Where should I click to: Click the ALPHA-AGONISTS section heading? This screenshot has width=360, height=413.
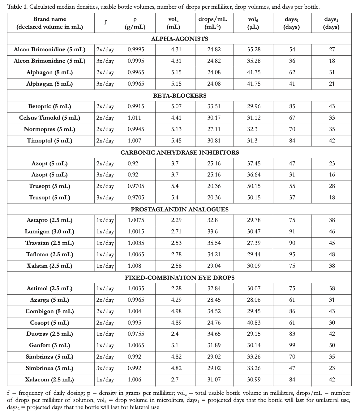click(179, 39)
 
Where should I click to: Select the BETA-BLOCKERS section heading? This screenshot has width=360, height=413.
click(179, 96)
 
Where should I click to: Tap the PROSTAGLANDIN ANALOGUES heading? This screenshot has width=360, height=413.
click(179, 209)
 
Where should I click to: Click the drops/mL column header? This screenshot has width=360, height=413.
click(214, 23)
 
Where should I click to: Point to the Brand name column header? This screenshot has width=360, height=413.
click(49, 23)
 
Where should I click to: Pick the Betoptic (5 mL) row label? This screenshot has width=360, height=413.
click(49, 106)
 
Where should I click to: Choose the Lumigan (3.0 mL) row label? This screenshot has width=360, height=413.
click(49, 232)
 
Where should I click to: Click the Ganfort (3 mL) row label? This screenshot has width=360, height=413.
click(49, 345)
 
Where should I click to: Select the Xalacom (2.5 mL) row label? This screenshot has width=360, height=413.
click(49, 380)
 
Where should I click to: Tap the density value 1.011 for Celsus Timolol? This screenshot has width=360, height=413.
click(134, 118)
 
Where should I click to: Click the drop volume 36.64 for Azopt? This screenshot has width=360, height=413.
click(254, 175)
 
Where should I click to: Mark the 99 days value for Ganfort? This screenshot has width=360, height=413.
click(292, 345)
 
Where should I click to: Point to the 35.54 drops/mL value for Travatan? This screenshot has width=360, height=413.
click(214, 243)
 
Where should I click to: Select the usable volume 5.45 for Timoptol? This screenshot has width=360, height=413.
click(176, 141)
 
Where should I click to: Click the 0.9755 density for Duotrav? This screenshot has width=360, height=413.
click(136, 334)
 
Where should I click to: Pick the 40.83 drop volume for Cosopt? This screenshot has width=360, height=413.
click(254, 323)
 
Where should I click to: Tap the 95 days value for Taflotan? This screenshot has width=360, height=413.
click(292, 254)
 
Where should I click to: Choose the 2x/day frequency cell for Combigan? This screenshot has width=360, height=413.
click(105, 311)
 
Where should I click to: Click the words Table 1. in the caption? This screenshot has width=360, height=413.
click(17, 7)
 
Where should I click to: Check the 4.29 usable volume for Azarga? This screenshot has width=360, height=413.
click(176, 300)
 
